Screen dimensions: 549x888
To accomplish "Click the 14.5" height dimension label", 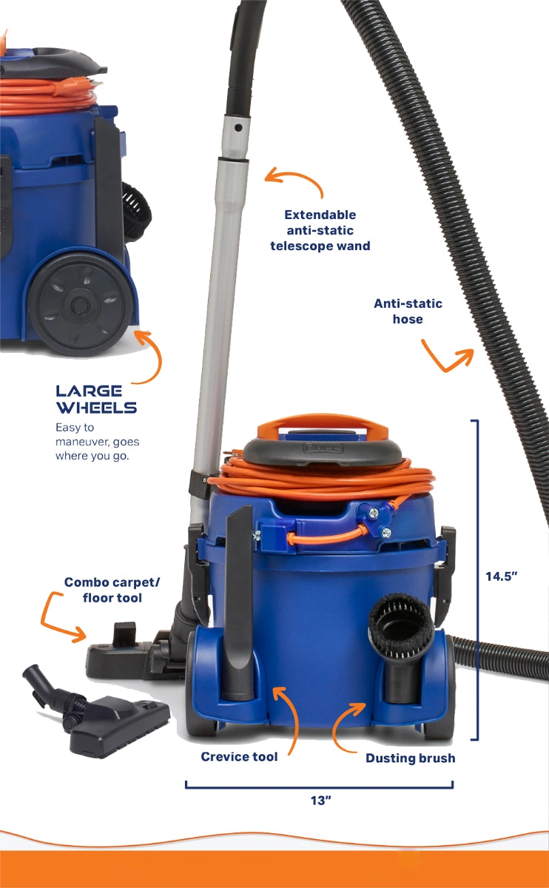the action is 502,576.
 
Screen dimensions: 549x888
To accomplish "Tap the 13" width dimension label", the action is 320,801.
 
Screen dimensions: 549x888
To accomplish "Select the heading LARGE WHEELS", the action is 96,400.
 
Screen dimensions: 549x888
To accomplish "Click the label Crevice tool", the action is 239,756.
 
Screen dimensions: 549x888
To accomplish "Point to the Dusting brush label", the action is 410,758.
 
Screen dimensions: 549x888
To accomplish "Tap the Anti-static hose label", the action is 408,312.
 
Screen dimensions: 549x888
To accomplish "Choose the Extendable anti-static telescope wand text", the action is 320,230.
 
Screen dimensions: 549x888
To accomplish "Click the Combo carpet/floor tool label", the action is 112,590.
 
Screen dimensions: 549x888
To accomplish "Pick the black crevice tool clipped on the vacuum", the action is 238,602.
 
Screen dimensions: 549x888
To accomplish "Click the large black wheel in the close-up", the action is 81,304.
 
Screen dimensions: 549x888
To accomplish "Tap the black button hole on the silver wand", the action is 238,127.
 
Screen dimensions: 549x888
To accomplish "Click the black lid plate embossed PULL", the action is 323,452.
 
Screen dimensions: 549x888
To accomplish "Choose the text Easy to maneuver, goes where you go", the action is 97,442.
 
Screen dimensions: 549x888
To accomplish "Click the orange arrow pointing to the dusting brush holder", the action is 345,726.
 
